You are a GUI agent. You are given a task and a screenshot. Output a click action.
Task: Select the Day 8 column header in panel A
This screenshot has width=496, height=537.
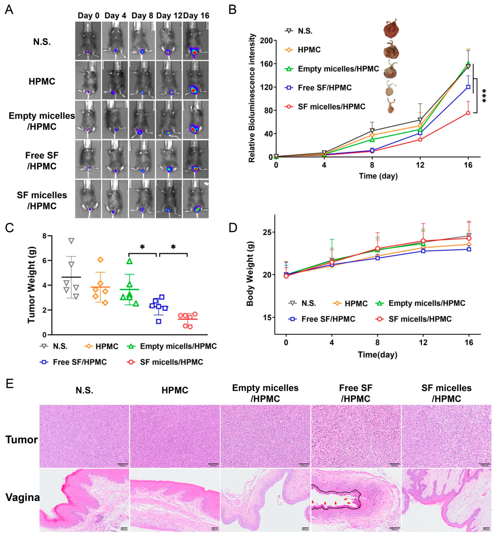click(142, 16)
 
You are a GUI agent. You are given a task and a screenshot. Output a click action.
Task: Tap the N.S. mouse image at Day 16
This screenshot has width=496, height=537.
click(196, 41)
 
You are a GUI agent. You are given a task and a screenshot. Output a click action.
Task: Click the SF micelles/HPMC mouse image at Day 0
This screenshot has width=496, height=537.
click(88, 199)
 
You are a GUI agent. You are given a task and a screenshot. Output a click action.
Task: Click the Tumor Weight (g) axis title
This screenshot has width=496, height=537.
click(31, 285)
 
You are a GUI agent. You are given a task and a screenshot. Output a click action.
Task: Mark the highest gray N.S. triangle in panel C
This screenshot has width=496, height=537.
click(71, 241)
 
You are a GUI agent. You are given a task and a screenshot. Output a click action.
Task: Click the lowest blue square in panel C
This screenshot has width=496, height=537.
click(159, 321)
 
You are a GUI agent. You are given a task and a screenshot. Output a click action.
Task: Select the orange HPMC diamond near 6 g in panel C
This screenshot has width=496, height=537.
click(100, 260)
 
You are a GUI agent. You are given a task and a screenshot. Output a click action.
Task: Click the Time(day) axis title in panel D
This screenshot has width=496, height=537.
click(377, 355)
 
